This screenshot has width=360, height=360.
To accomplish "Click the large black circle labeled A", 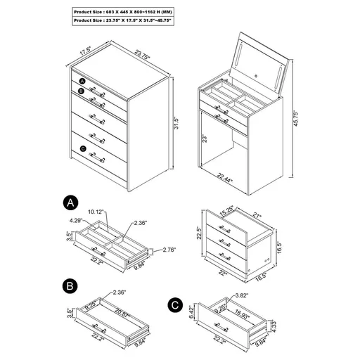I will (x=70, y=203).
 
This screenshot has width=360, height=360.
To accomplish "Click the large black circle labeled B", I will (x=70, y=286).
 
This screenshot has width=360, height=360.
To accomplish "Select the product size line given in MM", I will (x=123, y=13).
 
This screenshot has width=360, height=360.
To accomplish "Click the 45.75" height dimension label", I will (x=306, y=105).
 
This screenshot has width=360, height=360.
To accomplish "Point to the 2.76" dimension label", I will (x=169, y=250).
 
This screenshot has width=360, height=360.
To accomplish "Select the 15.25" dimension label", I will (x=226, y=210).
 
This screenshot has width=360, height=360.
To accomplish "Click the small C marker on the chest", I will (x=83, y=148).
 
